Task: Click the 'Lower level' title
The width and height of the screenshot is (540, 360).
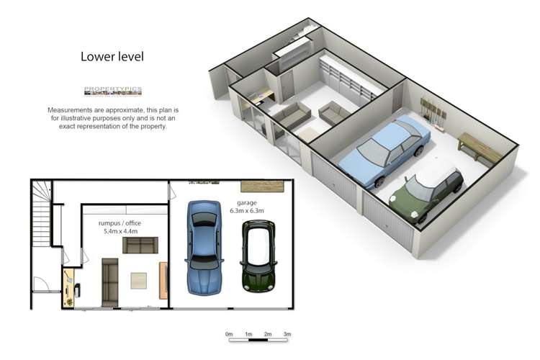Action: (112, 56)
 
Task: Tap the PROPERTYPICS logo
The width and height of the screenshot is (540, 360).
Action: (113, 91)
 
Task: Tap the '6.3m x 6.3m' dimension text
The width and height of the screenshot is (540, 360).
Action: (247, 211)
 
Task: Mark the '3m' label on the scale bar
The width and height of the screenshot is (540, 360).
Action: (287, 335)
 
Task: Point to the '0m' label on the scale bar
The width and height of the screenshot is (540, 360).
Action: (229, 335)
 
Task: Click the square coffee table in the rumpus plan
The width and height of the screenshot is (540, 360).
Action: (139, 281)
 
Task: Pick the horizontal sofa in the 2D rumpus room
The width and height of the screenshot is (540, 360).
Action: (140, 246)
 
